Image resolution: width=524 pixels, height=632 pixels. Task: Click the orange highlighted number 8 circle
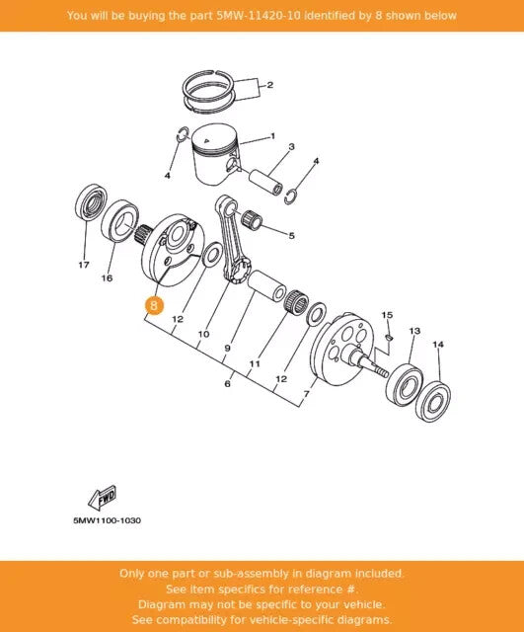click(154, 305)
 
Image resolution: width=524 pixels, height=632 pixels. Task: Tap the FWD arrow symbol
click(103, 497)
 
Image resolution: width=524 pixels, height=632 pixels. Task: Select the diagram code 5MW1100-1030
click(108, 520)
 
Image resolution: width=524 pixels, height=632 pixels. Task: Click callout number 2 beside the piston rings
click(269, 85)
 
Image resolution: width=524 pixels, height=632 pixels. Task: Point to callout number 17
click(84, 265)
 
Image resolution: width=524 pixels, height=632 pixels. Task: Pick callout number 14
click(438, 345)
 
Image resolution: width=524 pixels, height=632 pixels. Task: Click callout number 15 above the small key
click(387, 314)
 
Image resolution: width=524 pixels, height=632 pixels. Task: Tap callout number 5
click(291, 236)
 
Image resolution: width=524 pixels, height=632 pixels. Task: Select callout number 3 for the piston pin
click(291, 146)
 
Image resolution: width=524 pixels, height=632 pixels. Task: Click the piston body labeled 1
click(215, 156)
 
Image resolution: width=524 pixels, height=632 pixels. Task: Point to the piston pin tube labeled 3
click(265, 182)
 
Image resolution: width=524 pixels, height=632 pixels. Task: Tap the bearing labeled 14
click(433, 400)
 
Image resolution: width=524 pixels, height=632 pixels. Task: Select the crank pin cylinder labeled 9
click(266, 287)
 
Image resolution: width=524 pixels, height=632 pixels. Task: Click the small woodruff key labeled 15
click(388, 337)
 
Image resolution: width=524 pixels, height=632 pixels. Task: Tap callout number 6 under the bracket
click(228, 383)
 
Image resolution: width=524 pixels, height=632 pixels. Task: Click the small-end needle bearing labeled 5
click(252, 219)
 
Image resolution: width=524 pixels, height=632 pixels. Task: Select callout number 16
click(107, 277)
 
